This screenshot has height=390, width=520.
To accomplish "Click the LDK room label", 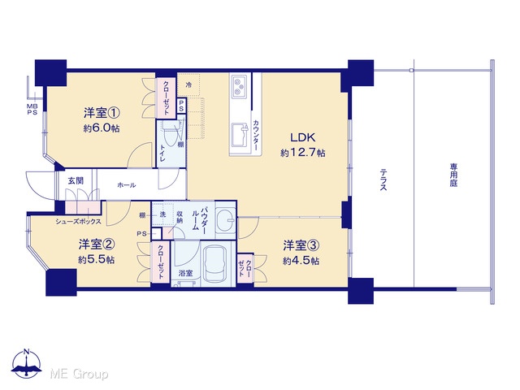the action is (x=302, y=137).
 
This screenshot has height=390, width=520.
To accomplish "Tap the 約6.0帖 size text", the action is (x=102, y=128).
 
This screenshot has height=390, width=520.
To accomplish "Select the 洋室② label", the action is (x=97, y=245).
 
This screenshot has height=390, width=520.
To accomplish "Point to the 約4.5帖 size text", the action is (x=301, y=261).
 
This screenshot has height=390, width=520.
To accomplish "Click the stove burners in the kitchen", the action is (x=239, y=86).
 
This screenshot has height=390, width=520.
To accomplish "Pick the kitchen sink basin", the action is (x=240, y=135).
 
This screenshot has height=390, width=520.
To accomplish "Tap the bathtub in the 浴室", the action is (x=216, y=264).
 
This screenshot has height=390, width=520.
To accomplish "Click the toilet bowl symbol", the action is (x=171, y=136).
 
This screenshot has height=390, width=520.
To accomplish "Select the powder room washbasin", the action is (x=226, y=219).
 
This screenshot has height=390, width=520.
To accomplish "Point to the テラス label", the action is (x=383, y=180).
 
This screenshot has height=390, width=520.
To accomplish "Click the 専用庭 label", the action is (x=453, y=175).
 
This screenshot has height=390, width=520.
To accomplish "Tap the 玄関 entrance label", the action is (x=76, y=180).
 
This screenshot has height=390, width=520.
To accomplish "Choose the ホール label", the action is (x=127, y=185).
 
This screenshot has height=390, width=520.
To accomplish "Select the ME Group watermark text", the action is (x=79, y=374).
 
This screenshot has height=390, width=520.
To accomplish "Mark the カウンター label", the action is (x=256, y=135).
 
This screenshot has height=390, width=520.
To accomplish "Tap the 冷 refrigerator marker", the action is (x=188, y=84).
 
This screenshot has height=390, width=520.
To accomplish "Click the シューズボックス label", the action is (x=78, y=222).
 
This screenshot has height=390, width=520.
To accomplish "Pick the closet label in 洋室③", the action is (x=245, y=268).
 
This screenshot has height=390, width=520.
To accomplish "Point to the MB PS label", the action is (x=32, y=110).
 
